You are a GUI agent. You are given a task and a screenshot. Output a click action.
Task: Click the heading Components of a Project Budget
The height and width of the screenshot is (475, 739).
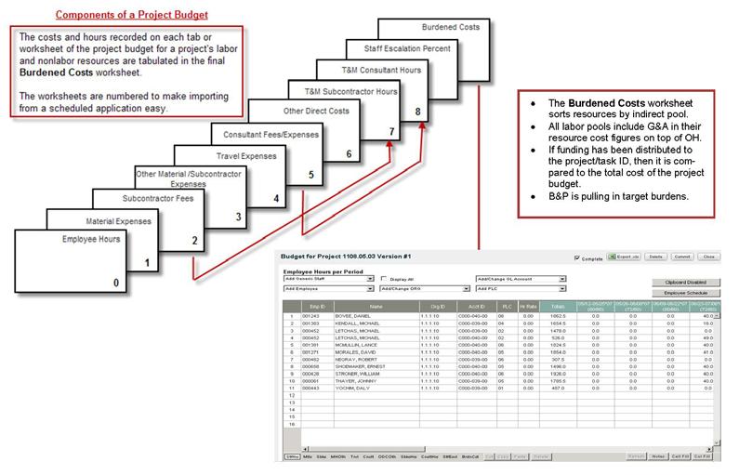(x=130, y=16)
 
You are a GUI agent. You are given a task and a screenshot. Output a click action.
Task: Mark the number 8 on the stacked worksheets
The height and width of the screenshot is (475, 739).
(x=417, y=112)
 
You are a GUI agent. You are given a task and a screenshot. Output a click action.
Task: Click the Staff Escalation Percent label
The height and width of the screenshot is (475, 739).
(x=397, y=47)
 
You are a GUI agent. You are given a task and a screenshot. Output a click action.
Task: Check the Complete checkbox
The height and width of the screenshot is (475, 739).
(x=578, y=257)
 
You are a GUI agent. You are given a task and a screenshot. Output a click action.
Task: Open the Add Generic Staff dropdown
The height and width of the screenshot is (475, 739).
(x=326, y=277)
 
